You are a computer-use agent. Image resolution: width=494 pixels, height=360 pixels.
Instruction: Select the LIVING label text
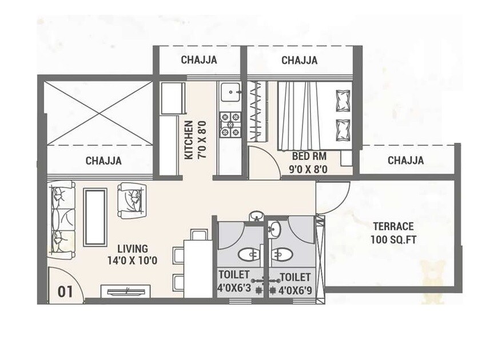(x=133, y=249)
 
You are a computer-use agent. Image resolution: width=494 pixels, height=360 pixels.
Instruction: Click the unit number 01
(x=65, y=291)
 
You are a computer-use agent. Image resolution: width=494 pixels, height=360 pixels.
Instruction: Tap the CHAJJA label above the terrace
(x=405, y=161)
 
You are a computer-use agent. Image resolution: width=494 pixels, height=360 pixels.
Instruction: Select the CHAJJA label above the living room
(x=103, y=161)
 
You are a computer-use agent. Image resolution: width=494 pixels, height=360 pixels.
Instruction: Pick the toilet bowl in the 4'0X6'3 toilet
(x=249, y=255)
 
